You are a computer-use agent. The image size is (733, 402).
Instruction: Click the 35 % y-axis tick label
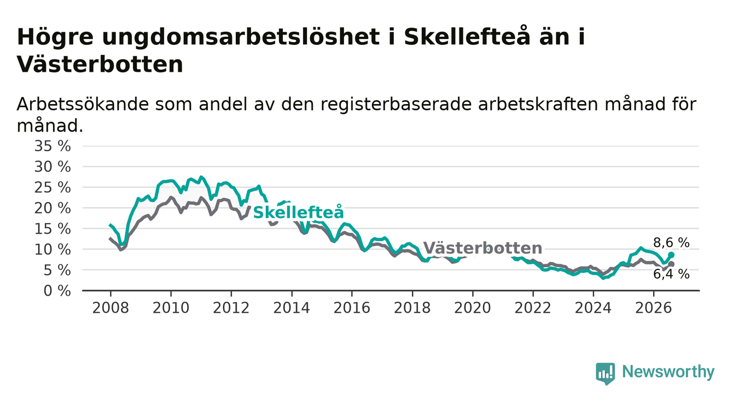[x=53, y=146]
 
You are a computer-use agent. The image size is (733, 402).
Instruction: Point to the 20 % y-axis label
[x=53, y=208]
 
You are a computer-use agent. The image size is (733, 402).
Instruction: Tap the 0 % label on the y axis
[x=57, y=291]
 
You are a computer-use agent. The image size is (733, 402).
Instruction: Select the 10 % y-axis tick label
[x=53, y=250]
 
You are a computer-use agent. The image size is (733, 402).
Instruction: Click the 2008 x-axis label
[x=110, y=308]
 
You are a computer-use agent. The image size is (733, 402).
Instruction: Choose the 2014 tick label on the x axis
[x=292, y=308]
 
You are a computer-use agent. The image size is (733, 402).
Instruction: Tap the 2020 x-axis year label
[x=473, y=308]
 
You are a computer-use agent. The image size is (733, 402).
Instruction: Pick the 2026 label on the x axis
[x=654, y=308]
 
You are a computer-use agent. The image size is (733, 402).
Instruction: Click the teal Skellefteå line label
[x=299, y=213]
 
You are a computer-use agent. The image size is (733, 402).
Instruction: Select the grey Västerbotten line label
[x=482, y=248]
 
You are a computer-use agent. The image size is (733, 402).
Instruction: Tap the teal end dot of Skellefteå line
[x=671, y=255]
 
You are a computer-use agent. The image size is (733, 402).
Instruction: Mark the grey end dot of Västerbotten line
[x=671, y=264]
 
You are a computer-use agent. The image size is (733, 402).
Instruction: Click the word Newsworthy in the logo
[x=668, y=372]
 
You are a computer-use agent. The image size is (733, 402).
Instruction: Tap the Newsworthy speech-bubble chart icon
[x=606, y=374]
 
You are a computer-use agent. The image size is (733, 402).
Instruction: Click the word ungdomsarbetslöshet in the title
[x=241, y=37]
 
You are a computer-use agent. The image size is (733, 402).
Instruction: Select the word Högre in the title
[x=55, y=37]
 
